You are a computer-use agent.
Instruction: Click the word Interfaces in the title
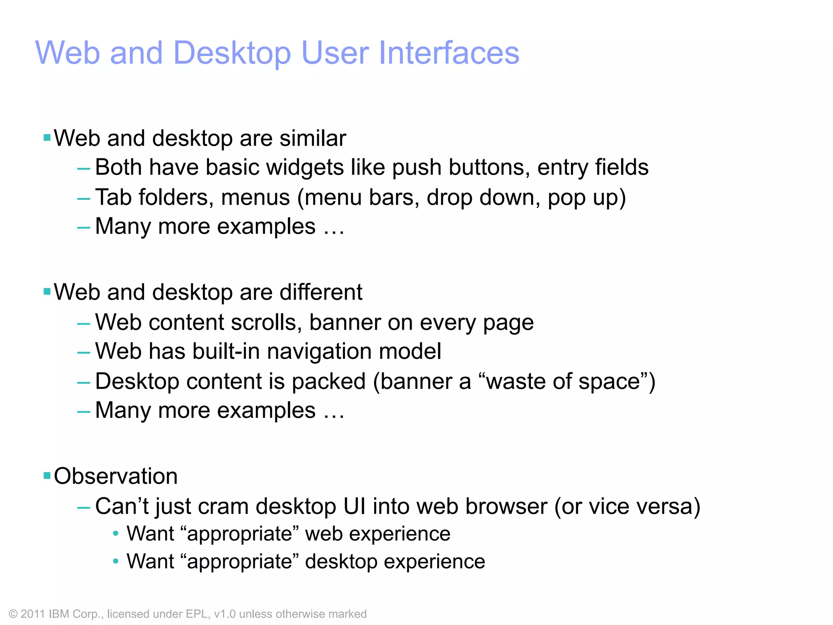pyautogui.click(x=449, y=53)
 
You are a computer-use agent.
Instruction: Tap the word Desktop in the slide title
pyautogui.click(x=232, y=54)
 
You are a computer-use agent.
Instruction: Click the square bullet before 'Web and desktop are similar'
pyautogui.click(x=47, y=138)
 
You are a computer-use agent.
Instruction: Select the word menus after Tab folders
pyautogui.click(x=255, y=198)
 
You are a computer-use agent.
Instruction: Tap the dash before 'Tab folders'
pyautogui.click(x=83, y=199)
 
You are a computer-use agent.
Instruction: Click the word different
pyautogui.click(x=321, y=292)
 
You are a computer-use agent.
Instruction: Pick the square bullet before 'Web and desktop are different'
pyautogui.click(x=47, y=291)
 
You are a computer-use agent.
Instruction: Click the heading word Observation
pyautogui.click(x=116, y=476)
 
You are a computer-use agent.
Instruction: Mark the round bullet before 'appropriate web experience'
pyautogui.click(x=116, y=533)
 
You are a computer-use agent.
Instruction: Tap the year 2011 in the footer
pyautogui.click(x=33, y=614)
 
